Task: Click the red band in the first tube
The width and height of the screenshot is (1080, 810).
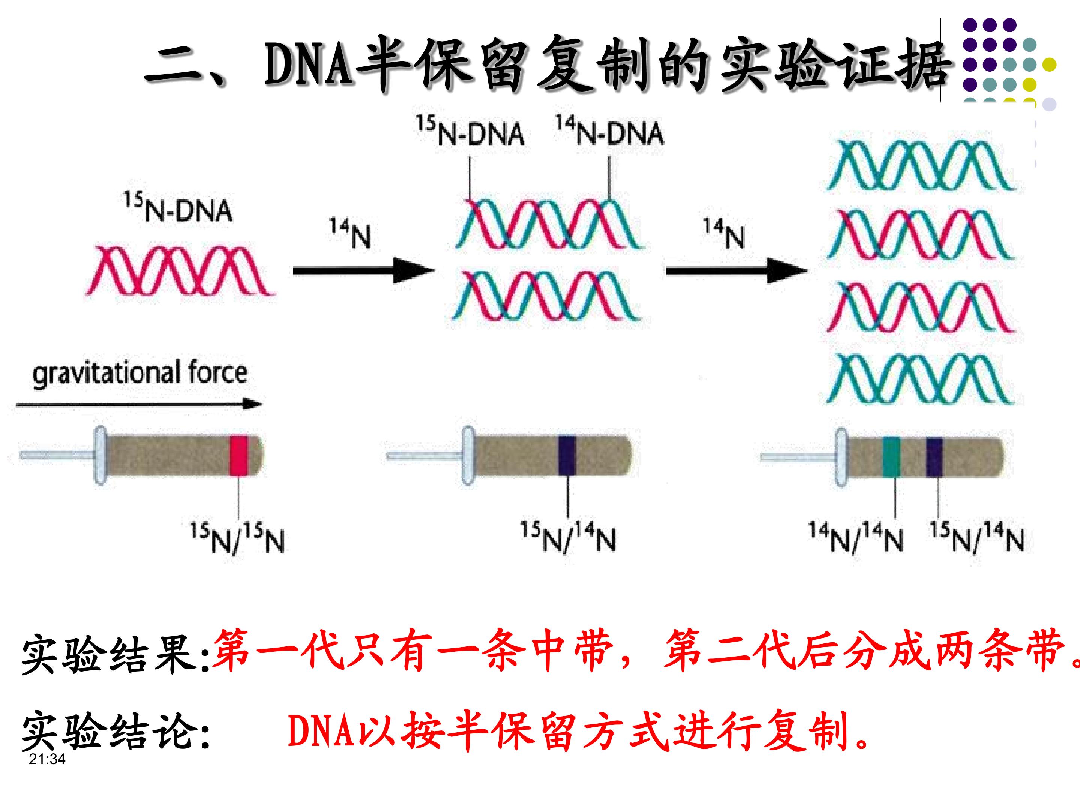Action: [239, 455]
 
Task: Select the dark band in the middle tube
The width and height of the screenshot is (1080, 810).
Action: [567, 455]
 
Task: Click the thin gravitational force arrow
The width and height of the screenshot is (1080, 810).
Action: [139, 404]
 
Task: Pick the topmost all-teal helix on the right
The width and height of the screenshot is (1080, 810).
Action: [920, 165]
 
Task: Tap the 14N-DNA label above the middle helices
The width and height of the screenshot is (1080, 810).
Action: [610, 131]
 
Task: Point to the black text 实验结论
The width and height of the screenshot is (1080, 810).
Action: [115, 731]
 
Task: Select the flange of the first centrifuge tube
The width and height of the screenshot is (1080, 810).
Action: [100, 455]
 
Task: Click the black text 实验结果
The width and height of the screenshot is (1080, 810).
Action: [115, 653]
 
